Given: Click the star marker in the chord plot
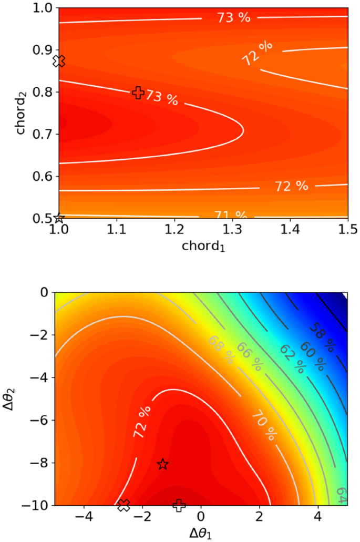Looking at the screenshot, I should click(59, 217).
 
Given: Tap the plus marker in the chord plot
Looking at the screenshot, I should click(138, 93).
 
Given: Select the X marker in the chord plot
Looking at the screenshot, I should click(59, 62).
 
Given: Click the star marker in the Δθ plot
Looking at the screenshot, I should click(163, 464).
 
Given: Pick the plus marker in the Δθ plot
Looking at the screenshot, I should click(179, 505).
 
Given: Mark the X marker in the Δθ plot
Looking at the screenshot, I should click(124, 505).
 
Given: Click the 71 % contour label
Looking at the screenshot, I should click(230, 215).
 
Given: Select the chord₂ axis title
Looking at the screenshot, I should click(21, 113).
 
